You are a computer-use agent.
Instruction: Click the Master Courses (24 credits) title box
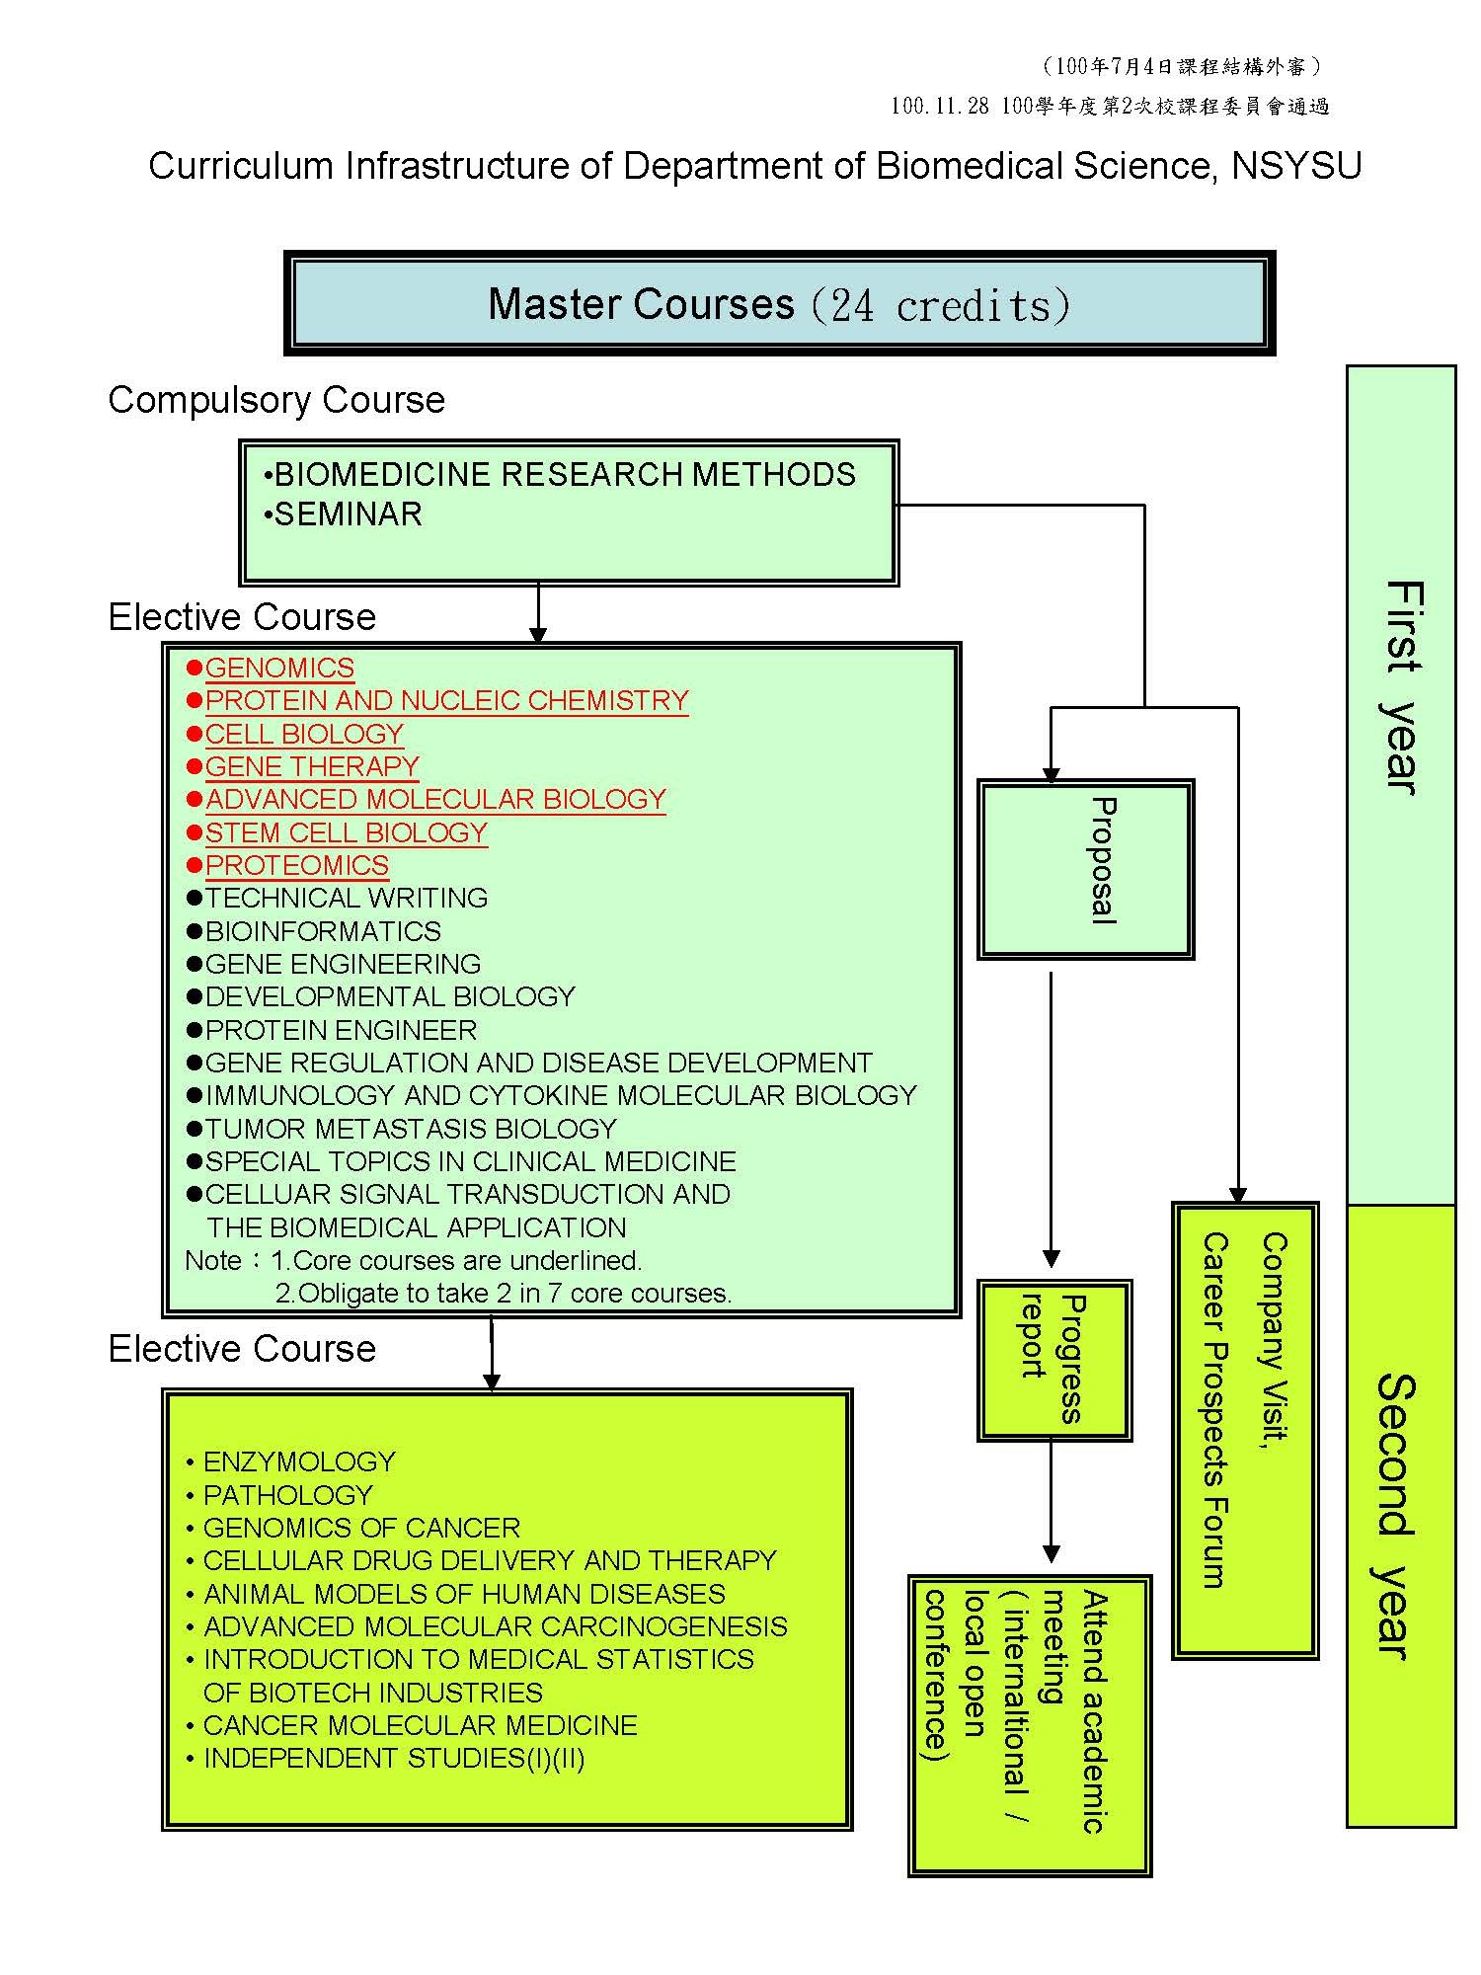click(x=779, y=303)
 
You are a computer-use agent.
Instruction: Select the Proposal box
click(x=1085, y=869)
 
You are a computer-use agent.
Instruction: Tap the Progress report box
click(x=1053, y=1359)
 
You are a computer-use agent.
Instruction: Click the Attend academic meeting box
click(x=1029, y=1724)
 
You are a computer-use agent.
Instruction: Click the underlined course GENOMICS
click(x=279, y=669)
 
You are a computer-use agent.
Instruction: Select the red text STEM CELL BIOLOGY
click(x=346, y=832)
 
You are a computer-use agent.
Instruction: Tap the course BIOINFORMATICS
click(x=323, y=931)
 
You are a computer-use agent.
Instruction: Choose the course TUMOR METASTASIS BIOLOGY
click(x=411, y=1129)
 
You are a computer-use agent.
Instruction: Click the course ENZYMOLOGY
click(x=299, y=1461)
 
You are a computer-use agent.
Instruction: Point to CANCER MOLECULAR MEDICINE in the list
click(x=420, y=1725)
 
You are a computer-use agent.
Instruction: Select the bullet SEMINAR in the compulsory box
click(x=348, y=514)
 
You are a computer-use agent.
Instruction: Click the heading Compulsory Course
click(x=276, y=400)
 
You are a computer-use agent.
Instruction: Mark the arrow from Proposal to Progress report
click(x=1051, y=1116)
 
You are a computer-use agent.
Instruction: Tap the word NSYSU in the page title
click(x=1296, y=166)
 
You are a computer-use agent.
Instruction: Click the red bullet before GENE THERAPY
click(x=195, y=767)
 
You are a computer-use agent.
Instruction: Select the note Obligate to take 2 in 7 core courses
click(x=504, y=1294)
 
